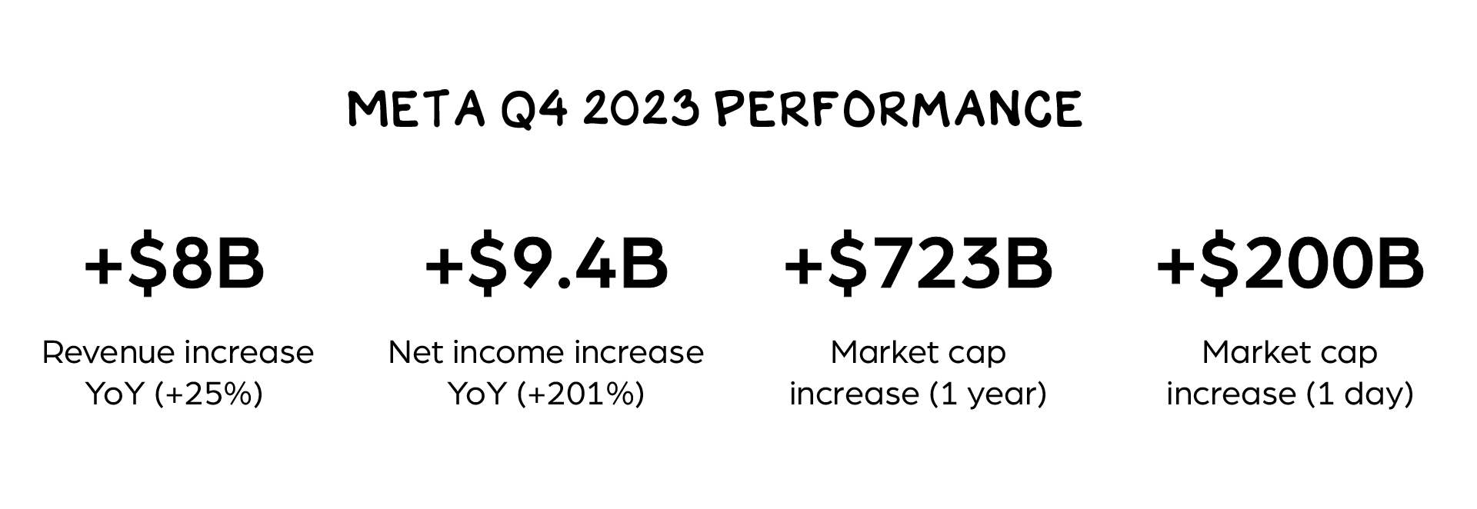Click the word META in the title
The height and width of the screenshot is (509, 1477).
416,109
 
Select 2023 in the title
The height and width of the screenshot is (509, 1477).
641,109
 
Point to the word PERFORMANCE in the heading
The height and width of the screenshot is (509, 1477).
898,109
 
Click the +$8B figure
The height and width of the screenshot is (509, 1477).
175,264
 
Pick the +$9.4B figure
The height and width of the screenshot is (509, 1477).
546,264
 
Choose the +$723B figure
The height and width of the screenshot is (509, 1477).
918,264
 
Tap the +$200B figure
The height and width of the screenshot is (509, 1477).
1290,264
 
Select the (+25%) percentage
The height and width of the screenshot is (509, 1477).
209,394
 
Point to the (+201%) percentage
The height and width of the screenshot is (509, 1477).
581,394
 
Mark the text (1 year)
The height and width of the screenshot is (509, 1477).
989,394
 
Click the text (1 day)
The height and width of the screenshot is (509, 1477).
1360,394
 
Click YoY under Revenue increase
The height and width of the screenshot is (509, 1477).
115,394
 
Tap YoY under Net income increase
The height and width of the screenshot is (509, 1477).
478,394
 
